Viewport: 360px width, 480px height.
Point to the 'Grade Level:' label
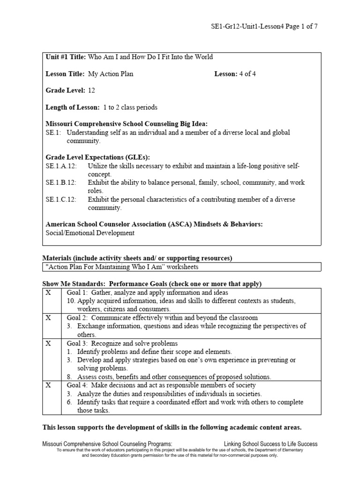point(65,90)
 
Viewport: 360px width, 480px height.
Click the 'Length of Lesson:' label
point(72,107)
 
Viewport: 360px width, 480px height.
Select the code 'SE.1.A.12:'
point(61,166)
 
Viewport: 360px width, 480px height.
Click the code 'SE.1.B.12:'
point(61,183)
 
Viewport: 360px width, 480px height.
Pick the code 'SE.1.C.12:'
point(61,200)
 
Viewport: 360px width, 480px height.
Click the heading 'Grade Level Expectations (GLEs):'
point(98,157)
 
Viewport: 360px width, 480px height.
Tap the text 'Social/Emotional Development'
point(90,233)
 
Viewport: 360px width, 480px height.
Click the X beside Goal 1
point(48,292)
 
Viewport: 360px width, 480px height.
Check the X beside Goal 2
point(48,318)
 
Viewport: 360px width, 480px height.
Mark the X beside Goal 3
point(48,343)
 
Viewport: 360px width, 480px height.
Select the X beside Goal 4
point(48,385)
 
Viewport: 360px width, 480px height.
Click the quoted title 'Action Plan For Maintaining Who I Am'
point(122,267)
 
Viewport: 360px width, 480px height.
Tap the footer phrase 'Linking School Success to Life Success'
point(270,444)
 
